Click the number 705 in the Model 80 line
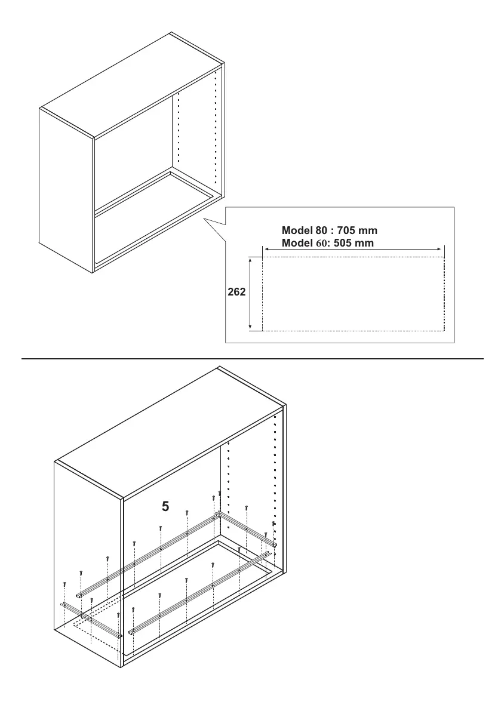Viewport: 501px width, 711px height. (347, 230)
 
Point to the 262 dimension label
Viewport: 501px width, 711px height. (236, 293)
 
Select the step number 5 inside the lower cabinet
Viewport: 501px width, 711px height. (165, 507)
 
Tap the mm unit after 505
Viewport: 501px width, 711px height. (366, 243)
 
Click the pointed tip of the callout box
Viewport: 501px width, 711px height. (205, 220)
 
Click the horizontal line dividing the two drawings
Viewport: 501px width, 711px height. (251, 359)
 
